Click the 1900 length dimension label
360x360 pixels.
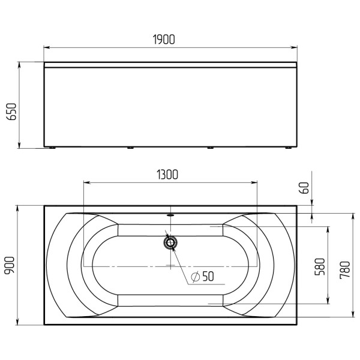[163, 40]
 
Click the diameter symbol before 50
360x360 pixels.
[195, 277]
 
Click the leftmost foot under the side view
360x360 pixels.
[53, 148]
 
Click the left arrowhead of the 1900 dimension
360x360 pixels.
[47, 47]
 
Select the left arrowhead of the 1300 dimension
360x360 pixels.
[85, 181]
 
